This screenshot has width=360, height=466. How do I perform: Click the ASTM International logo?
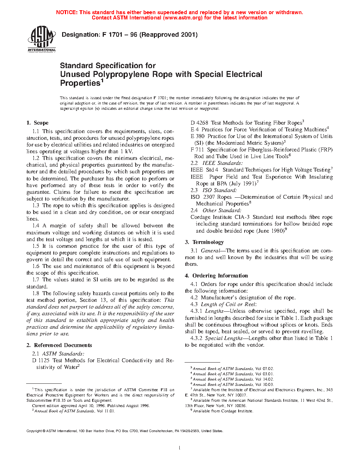(42, 39)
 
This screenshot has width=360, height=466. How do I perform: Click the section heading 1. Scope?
(37, 123)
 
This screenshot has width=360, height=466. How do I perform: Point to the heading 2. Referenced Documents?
(59, 345)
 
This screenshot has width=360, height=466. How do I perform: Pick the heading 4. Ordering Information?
(216, 276)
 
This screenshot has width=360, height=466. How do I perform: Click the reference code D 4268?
(199, 123)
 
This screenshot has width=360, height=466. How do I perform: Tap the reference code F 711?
(197, 150)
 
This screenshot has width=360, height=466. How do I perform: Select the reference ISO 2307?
(203, 197)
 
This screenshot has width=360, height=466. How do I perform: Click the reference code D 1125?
(41, 360)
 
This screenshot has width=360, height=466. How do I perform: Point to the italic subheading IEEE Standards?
(222, 163)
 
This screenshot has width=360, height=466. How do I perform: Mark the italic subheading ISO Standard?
(222, 190)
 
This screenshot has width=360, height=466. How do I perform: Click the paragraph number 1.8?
(36, 293)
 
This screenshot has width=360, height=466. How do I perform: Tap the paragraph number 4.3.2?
(196, 338)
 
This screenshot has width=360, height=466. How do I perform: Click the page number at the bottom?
(180, 448)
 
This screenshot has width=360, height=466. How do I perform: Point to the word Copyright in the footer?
(34, 431)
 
